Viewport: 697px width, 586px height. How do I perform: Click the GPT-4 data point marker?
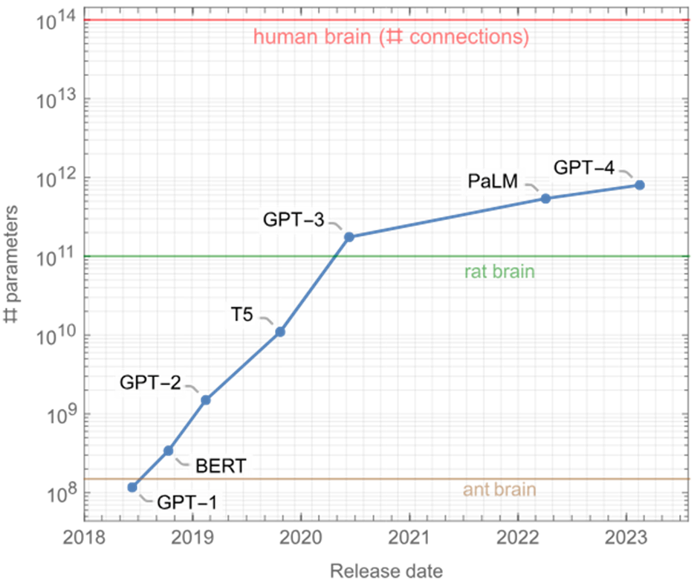pyautogui.click(x=638, y=184)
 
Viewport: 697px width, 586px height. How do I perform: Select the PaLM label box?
pyautogui.click(x=493, y=181)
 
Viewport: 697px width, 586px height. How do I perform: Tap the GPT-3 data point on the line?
pyautogui.click(x=348, y=237)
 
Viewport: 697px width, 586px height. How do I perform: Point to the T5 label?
pyautogui.click(x=240, y=316)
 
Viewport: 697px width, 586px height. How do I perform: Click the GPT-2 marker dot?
pyautogui.click(x=206, y=400)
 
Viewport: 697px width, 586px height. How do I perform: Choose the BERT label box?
pyautogui.click(x=220, y=468)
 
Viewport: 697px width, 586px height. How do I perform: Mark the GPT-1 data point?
pyautogui.click(x=132, y=488)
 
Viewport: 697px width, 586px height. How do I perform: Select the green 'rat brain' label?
pyautogui.click(x=499, y=272)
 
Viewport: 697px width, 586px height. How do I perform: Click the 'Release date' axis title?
pyautogui.click(x=386, y=571)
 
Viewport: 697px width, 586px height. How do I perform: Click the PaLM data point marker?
pyautogui.click(x=545, y=199)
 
